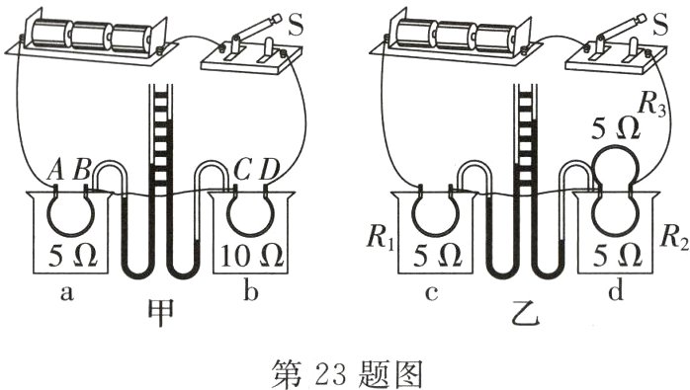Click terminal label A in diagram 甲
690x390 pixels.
pyautogui.click(x=55, y=170)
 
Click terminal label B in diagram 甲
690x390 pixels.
pyautogui.click(x=82, y=170)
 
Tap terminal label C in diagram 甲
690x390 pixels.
pyautogui.click(x=241, y=171)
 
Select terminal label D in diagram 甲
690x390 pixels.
pyautogui.click(x=269, y=171)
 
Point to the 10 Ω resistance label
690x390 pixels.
pyautogui.click(x=252, y=256)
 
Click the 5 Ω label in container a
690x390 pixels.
pyautogui.click(x=72, y=256)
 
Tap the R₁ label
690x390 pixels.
pyautogui.click(x=380, y=240)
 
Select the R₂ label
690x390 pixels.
pyautogui.click(x=674, y=240)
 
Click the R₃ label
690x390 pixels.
pyautogui.click(x=651, y=105)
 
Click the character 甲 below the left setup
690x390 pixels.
pyautogui.click(x=160, y=314)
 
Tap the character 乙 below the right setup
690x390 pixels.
pyautogui.click(x=526, y=314)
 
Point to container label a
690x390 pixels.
pyautogui.click(x=66, y=292)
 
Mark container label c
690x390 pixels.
pyautogui.click(x=432, y=293)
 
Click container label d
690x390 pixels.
pyautogui.click(x=616, y=290)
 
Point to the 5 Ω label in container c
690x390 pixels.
pyautogui.click(x=437, y=256)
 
